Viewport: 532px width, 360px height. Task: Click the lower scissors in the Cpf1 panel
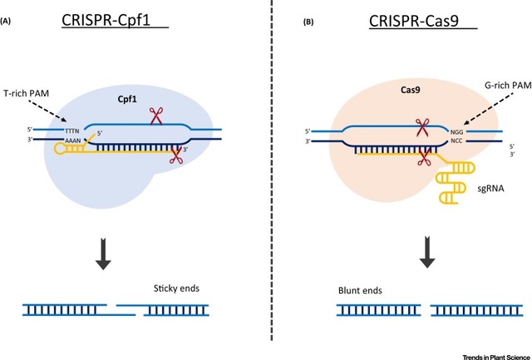click(x=176, y=154)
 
